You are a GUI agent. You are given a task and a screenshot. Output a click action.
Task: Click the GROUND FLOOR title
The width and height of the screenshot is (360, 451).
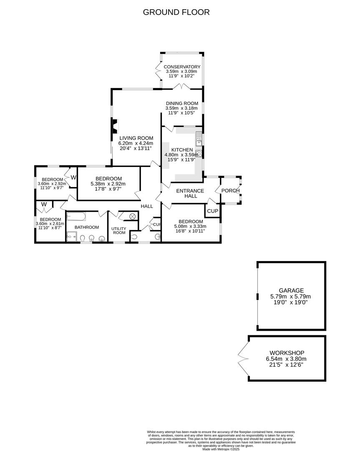click(x=176, y=12)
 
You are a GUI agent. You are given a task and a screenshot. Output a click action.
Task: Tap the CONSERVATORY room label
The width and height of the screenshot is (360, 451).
click(x=182, y=67)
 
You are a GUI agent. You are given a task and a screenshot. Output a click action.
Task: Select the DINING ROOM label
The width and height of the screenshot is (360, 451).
click(x=182, y=103)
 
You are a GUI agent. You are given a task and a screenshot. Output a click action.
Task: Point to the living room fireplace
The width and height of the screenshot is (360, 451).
click(x=115, y=126)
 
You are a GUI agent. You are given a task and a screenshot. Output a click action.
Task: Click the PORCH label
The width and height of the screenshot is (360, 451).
click(x=230, y=191)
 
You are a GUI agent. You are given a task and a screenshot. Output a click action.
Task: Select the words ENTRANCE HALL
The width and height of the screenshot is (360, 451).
click(x=190, y=193)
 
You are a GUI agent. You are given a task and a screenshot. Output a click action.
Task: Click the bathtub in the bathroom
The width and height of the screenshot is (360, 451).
click(x=76, y=216)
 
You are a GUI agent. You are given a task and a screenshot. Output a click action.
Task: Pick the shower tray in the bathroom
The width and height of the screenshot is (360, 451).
click(x=71, y=236)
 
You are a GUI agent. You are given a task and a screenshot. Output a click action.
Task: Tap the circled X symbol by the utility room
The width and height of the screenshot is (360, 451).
click(x=133, y=216)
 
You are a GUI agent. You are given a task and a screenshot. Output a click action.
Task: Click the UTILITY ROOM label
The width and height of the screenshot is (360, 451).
click(x=119, y=231)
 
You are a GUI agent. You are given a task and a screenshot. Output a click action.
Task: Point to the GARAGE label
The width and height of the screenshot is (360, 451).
click(x=291, y=291)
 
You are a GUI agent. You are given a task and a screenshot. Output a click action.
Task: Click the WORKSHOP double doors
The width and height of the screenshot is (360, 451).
click(x=243, y=358)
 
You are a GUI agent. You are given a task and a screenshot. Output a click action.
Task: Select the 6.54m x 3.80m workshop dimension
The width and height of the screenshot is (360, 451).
click(x=286, y=359)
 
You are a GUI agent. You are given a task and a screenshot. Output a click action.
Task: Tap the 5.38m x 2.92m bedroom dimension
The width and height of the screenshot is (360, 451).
click(x=108, y=184)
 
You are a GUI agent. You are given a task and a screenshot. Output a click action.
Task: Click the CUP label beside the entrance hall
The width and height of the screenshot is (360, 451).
click(x=213, y=211)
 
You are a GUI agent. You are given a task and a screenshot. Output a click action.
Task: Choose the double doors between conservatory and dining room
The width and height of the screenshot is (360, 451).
click(x=182, y=86)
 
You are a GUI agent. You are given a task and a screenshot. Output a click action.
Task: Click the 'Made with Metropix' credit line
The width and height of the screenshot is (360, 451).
click(x=221, y=449)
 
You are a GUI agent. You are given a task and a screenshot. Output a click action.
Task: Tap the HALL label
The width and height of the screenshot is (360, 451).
click(x=147, y=206)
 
